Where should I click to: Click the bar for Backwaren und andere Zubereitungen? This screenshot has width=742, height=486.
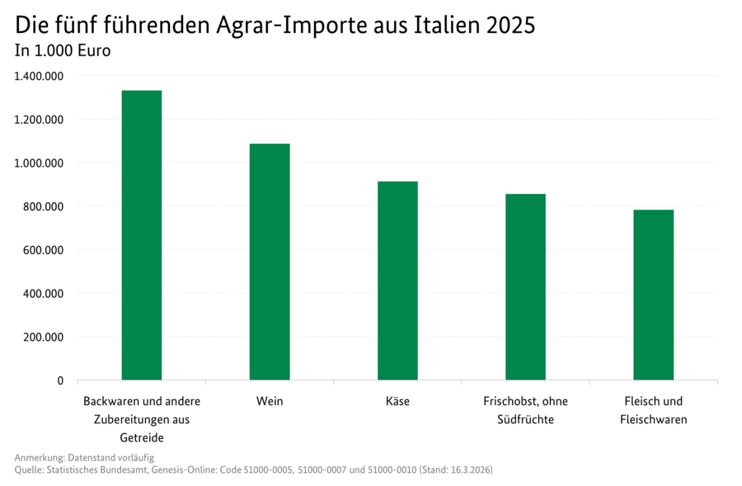[142, 235]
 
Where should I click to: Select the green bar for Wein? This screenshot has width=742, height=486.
[270, 262]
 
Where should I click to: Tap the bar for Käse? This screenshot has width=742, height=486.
[397, 281]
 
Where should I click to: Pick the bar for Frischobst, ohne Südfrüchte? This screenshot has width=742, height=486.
[525, 286]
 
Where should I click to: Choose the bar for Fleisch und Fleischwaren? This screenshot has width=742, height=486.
[653, 295]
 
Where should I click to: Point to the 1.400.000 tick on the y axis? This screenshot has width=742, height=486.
[39, 76]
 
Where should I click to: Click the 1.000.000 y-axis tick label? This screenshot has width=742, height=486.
[39, 163]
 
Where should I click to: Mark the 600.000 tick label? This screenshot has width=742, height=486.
[43, 250]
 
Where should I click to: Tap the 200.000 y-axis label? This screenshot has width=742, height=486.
[43, 337]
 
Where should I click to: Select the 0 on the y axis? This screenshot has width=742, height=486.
[59, 380]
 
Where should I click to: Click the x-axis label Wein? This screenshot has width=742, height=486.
[270, 402]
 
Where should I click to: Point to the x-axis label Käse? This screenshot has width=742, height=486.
[397, 402]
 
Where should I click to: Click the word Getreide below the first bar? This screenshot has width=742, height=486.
[142, 437]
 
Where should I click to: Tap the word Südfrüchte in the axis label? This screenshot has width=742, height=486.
[525, 420]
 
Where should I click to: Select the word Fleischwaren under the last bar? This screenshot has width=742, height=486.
[653, 420]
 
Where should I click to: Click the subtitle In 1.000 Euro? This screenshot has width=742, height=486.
[63, 50]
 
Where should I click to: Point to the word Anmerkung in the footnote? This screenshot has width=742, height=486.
[39, 457]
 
